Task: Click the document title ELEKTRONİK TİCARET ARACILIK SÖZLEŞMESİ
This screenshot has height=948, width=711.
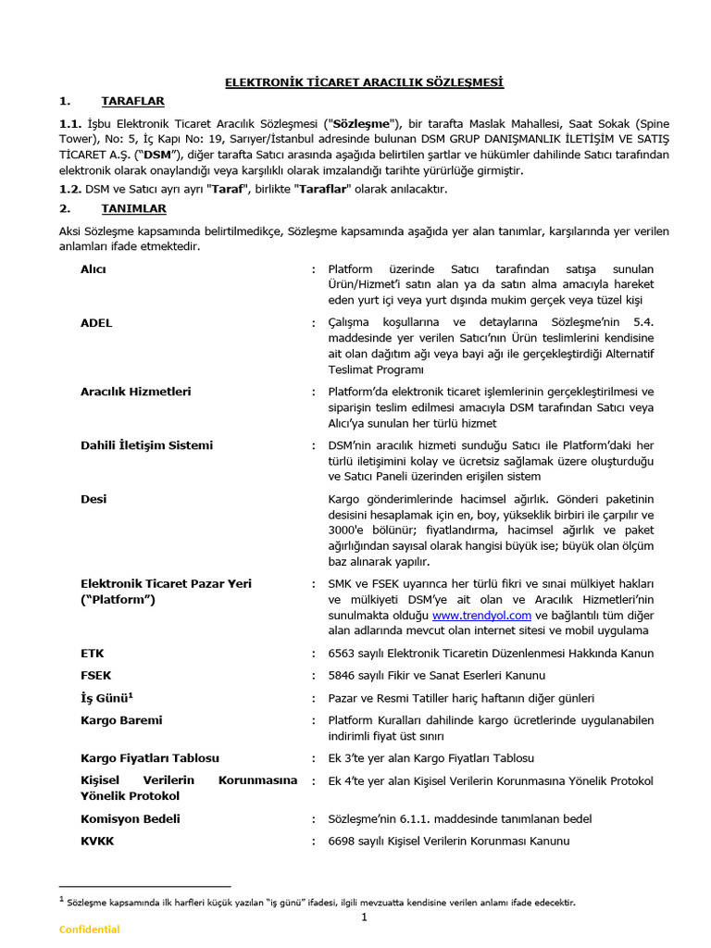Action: tap(365, 82)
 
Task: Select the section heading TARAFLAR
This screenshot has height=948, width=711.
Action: tap(132, 101)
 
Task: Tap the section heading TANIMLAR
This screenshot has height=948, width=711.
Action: tap(134, 209)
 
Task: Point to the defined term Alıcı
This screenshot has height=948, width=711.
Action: tap(94, 268)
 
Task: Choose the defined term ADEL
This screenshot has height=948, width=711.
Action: tap(96, 322)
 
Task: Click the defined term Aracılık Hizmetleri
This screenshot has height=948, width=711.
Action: tap(136, 392)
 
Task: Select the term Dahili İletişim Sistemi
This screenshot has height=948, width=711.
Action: tap(146, 445)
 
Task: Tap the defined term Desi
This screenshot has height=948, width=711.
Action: tap(94, 499)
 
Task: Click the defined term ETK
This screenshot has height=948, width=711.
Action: tap(93, 653)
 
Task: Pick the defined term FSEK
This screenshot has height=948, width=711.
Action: tap(96, 676)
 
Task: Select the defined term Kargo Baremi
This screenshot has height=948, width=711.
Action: tap(121, 720)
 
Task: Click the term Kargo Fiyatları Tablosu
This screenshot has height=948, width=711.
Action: tap(150, 758)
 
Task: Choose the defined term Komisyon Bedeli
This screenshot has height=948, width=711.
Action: tap(131, 818)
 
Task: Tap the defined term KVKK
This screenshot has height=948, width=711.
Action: tap(97, 841)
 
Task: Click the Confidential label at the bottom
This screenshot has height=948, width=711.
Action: tap(90, 929)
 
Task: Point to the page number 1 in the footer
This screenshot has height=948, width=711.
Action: tap(365, 917)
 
